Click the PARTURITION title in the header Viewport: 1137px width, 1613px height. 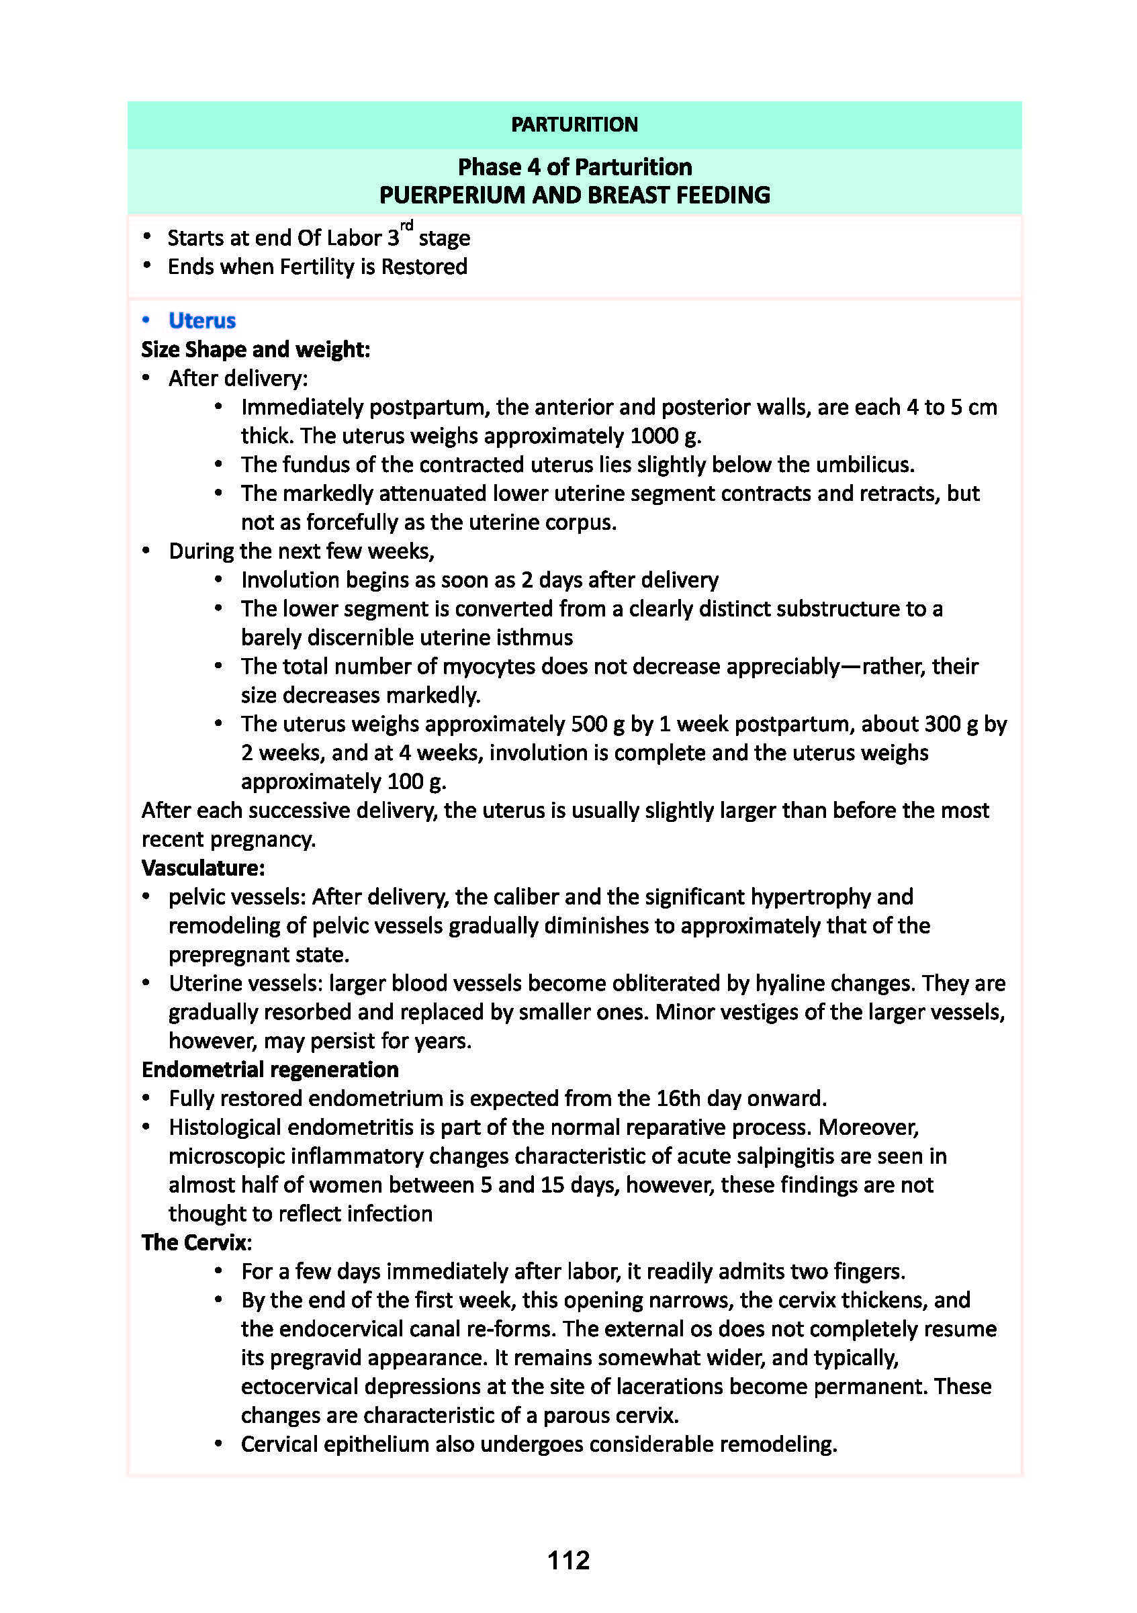[x=574, y=124]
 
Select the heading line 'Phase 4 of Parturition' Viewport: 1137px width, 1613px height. [x=574, y=167]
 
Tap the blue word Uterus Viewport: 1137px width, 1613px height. [x=201, y=320]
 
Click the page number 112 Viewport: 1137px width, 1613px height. [x=568, y=1561]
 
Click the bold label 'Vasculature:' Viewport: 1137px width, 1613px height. [x=203, y=868]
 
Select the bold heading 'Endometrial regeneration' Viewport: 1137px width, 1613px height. [x=270, y=1070]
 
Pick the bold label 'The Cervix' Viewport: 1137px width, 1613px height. [x=195, y=1243]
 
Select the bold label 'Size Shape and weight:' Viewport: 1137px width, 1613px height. [x=256, y=350]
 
